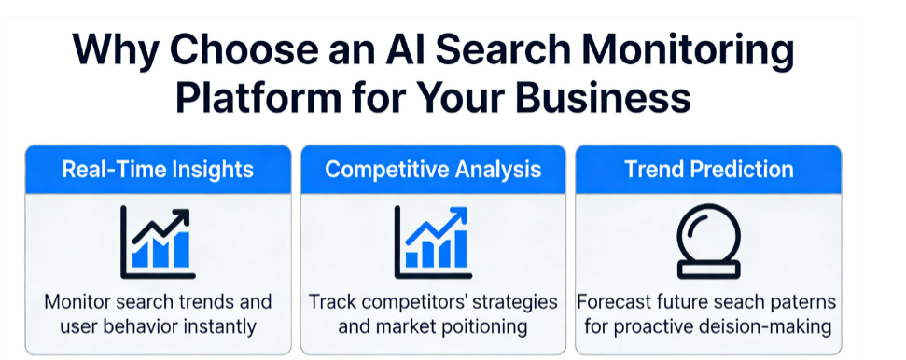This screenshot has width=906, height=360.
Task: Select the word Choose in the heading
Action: [244, 49]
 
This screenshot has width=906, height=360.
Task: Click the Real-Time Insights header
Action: [158, 170]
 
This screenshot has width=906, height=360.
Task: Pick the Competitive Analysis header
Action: [433, 170]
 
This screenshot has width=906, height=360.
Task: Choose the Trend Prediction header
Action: [708, 170]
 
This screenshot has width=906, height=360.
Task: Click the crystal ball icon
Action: [708, 242]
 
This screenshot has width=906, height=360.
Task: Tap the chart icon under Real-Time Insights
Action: [157, 242]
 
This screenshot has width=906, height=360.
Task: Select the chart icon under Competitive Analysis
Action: [433, 242]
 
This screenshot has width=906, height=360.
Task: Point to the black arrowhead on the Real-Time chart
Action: [181, 216]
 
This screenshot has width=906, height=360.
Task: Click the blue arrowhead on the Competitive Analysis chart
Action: [458, 215]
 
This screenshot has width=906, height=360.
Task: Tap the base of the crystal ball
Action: [708, 270]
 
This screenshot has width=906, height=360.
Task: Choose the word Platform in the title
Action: [258, 96]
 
